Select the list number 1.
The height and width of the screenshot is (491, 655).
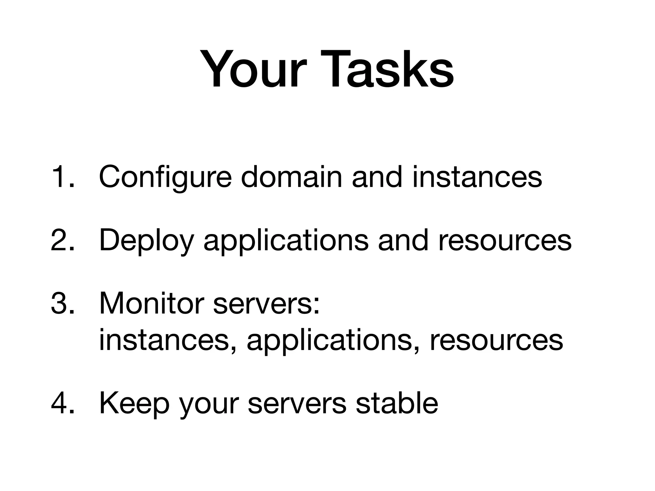(62, 177)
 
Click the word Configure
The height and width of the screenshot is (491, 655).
(165, 177)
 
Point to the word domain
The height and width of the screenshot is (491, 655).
(291, 177)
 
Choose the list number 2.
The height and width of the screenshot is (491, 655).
(62, 240)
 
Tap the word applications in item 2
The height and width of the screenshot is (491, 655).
(286, 240)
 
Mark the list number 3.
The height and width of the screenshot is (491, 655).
(62, 303)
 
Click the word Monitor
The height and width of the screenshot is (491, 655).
(152, 303)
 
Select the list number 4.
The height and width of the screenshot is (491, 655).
(62, 403)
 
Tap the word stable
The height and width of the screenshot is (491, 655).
(397, 403)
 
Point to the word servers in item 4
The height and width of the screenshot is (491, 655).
(297, 403)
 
